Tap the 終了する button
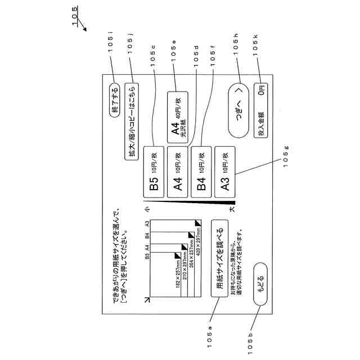[115, 100]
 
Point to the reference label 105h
[236, 44]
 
